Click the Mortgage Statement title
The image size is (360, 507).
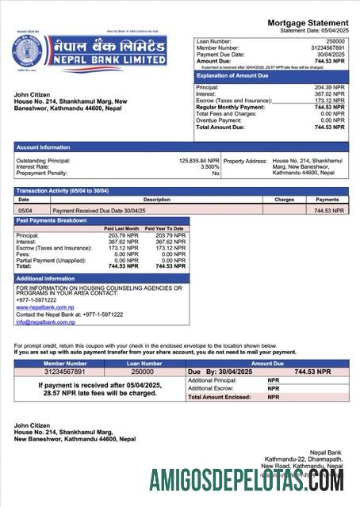(x=307, y=23)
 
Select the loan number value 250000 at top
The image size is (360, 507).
(x=335, y=40)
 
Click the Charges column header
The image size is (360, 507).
(x=284, y=200)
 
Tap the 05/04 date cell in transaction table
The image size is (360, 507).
(x=25, y=211)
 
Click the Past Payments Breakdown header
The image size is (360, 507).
(x=52, y=220)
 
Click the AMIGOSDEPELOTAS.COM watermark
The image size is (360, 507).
(x=246, y=480)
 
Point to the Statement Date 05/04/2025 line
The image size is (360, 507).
(x=314, y=30)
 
